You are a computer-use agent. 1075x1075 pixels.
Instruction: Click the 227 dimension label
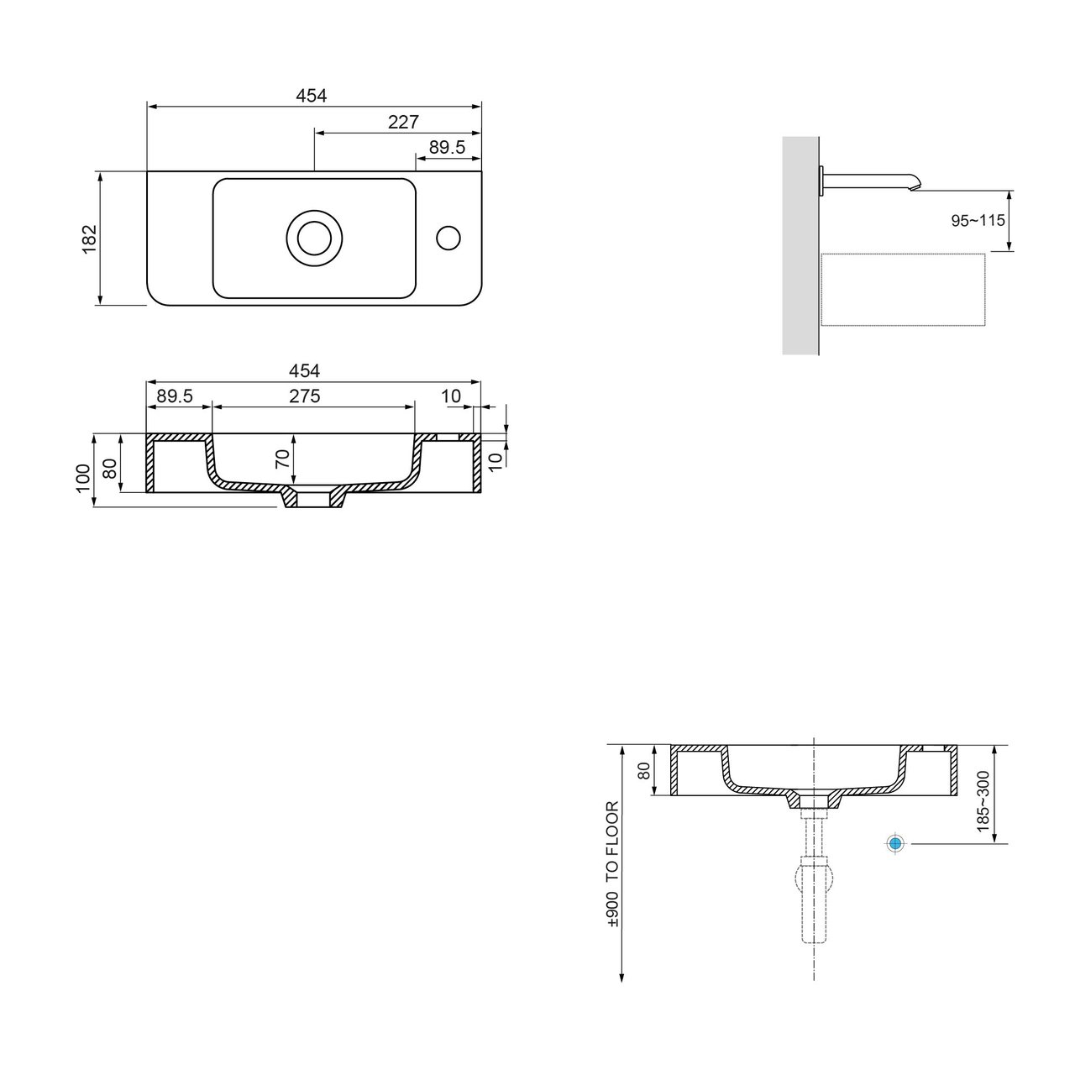pyautogui.click(x=403, y=122)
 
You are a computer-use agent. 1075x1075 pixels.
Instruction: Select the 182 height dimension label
pyautogui.click(x=89, y=239)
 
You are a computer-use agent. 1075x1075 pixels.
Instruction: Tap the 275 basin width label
pyautogui.click(x=305, y=396)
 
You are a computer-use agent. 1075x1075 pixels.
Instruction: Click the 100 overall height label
pyautogui.click(x=83, y=478)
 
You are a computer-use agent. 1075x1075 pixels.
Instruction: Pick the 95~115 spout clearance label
pyautogui.click(x=978, y=220)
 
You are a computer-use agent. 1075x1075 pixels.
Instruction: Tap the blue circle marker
pyautogui.click(x=895, y=844)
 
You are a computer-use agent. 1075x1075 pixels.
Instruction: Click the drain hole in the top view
pyautogui.click(x=314, y=239)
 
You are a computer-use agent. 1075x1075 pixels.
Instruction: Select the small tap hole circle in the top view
pyautogui.click(x=448, y=239)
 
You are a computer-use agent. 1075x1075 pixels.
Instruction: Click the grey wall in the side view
pyautogui.click(x=800, y=245)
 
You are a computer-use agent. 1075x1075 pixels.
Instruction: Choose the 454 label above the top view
pyautogui.click(x=311, y=96)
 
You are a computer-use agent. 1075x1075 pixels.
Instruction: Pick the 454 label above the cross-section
pyautogui.click(x=305, y=370)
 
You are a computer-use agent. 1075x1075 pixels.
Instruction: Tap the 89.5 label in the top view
pyautogui.click(x=447, y=147)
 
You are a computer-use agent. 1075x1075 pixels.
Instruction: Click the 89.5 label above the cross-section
pyautogui.click(x=175, y=396)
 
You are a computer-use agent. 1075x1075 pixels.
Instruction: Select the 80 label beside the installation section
pyautogui.click(x=644, y=770)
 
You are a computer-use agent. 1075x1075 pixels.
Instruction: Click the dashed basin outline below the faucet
pyautogui.click(x=903, y=289)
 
